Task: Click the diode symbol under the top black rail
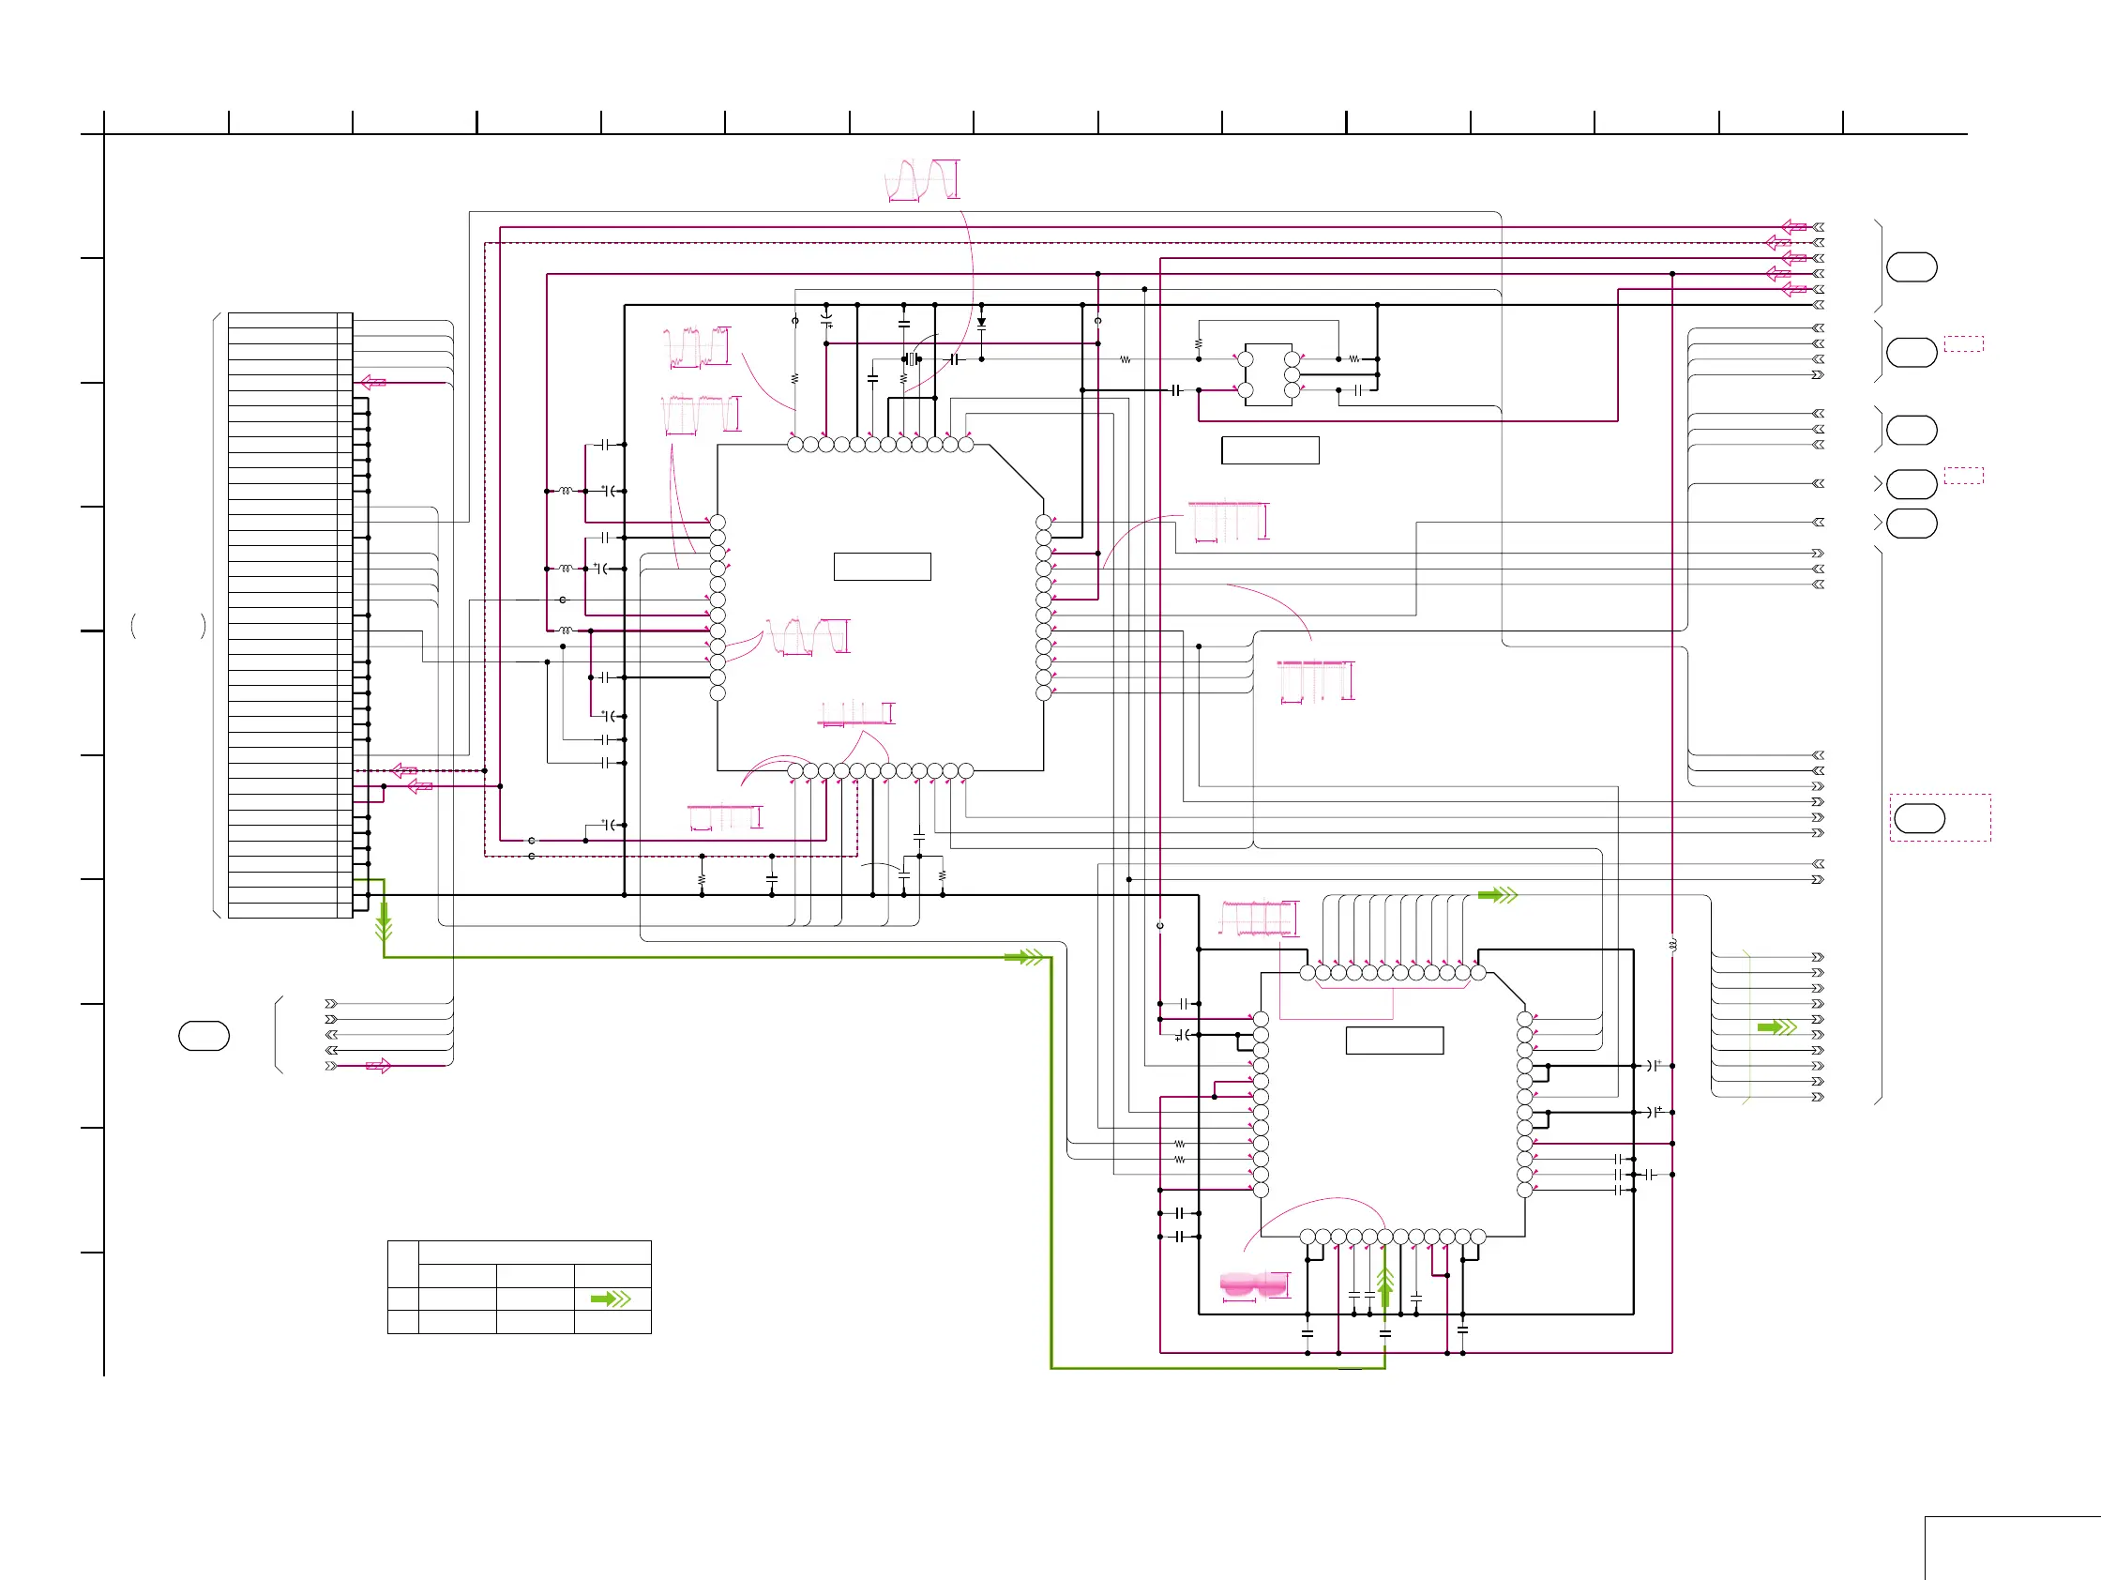[981, 323]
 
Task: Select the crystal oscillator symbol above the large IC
[912, 359]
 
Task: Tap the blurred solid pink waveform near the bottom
[1254, 1285]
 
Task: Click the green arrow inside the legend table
[611, 1299]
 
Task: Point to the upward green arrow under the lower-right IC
[1384, 1286]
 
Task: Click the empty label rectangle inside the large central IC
[882, 567]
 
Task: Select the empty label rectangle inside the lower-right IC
[1395, 1041]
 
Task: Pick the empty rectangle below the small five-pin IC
[1270, 450]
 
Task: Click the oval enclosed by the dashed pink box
[1919, 818]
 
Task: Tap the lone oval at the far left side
[204, 1036]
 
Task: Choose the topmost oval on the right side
[1911, 267]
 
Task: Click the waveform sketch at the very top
[921, 180]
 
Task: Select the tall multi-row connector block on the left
[290, 615]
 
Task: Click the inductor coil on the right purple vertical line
[1672, 946]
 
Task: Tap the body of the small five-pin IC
[1268, 374]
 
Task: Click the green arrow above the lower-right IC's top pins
[1498, 895]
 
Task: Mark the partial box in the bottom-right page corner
[2012, 1548]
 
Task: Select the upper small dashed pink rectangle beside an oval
[1963, 344]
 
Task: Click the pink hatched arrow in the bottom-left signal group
[378, 1066]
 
